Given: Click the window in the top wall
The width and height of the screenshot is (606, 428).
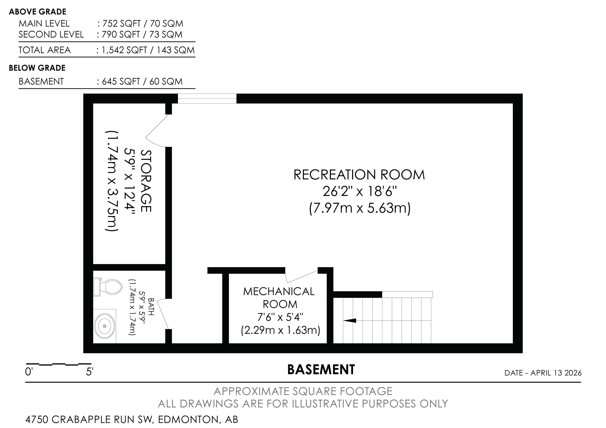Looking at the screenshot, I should pos(207,99).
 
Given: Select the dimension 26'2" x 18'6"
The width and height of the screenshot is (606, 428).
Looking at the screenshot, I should pos(359,192).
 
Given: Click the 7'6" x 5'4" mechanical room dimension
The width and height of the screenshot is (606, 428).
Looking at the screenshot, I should pos(280,317).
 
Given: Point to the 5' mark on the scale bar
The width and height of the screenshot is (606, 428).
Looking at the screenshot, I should pos(90,372).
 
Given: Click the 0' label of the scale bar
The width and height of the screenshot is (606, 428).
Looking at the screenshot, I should pos(29,372).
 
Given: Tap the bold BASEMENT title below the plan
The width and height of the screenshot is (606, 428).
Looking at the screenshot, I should pos(321,369).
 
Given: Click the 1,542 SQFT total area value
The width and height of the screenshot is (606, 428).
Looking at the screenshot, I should pos(124,50).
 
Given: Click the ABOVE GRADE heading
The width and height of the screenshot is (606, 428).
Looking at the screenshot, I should pos(37,12).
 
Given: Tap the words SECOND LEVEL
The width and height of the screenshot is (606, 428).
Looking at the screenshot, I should pos(51,35).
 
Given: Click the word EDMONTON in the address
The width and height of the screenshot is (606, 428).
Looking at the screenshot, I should pos(188,419).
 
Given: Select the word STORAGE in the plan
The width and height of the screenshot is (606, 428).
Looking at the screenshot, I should pos(146,181).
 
